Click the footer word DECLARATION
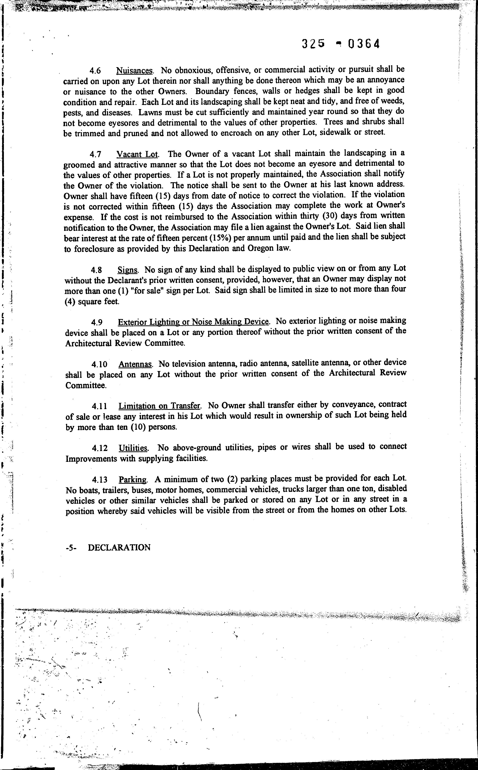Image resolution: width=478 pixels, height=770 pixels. (119, 547)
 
